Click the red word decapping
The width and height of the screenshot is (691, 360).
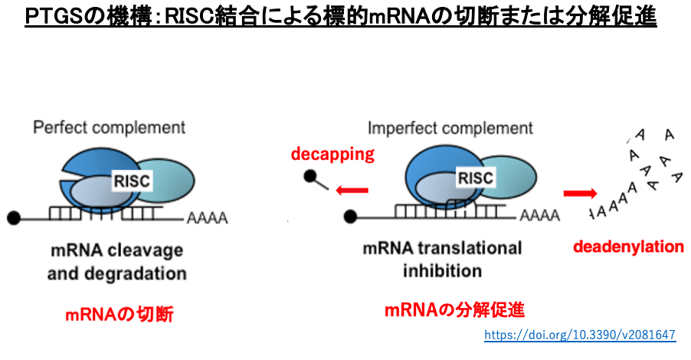click(332, 155)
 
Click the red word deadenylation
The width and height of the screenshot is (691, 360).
click(628, 247)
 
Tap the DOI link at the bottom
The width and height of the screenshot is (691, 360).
click(580, 335)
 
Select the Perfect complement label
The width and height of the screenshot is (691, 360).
click(109, 127)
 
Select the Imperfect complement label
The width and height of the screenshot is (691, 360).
click(450, 127)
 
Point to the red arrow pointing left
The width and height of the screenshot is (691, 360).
click(353, 191)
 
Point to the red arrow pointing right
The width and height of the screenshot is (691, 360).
click(580, 193)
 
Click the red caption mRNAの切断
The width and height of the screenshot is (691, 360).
click(118, 313)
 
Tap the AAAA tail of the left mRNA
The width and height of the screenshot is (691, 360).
click(206, 219)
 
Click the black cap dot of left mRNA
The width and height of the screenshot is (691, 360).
click(14, 218)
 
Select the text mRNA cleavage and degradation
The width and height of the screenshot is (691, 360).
click(116, 261)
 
